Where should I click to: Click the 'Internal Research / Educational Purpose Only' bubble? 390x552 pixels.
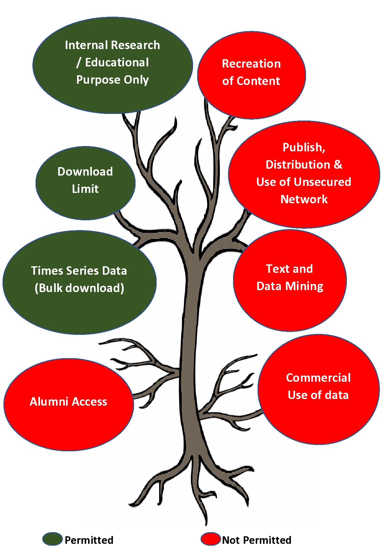pyautogui.click(x=113, y=65)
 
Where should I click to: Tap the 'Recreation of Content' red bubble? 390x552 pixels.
pyautogui.click(x=252, y=75)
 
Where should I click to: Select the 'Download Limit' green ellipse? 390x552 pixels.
pyautogui.click(x=86, y=183)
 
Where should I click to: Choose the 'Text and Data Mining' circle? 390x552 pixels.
pyautogui.click(x=290, y=280)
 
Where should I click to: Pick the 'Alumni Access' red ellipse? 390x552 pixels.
pyautogui.click(x=69, y=404)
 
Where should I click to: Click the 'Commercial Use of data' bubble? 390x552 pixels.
pyautogui.click(x=319, y=389)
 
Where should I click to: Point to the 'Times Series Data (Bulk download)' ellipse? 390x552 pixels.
pyautogui.click(x=79, y=282)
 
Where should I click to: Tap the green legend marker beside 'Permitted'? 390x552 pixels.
pyautogui.click(x=53, y=539)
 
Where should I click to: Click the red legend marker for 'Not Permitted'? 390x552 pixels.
pyautogui.click(x=211, y=539)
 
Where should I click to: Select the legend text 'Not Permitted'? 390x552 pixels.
pyautogui.click(x=257, y=540)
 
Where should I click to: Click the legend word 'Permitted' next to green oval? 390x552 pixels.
pyautogui.click(x=89, y=540)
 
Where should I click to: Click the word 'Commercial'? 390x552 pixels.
pyautogui.click(x=318, y=378)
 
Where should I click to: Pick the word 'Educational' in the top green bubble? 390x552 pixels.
pyautogui.click(x=117, y=62)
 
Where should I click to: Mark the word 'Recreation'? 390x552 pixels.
pyautogui.click(x=251, y=64)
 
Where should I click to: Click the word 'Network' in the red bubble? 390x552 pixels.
pyautogui.click(x=304, y=199)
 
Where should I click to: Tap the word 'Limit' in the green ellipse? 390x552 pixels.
pyautogui.click(x=85, y=189)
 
